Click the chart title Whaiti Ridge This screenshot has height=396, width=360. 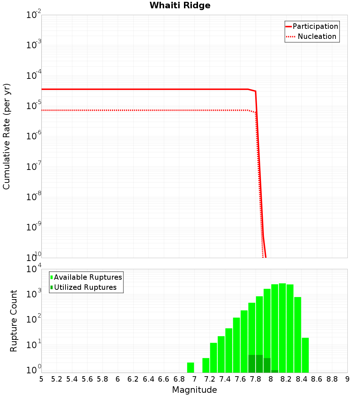pos(180,5)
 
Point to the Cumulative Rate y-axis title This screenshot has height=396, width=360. pos(6,136)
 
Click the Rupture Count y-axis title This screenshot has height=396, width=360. pos(14,320)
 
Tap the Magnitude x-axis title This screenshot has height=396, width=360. pos(194,390)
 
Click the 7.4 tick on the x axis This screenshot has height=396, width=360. pos(225,379)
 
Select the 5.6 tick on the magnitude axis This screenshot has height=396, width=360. pos(87,379)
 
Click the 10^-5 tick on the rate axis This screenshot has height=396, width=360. pos(33,106)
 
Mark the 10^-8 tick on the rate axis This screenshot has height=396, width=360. pos(33,197)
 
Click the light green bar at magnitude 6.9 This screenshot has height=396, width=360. pos(191,368)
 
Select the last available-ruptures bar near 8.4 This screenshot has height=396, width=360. pos(305,355)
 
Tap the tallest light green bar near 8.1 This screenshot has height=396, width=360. pos(282,328)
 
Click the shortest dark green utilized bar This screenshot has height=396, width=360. pos(275,371)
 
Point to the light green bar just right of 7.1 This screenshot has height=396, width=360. pos(206,365)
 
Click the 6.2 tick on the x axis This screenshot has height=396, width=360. pos(133,379)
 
